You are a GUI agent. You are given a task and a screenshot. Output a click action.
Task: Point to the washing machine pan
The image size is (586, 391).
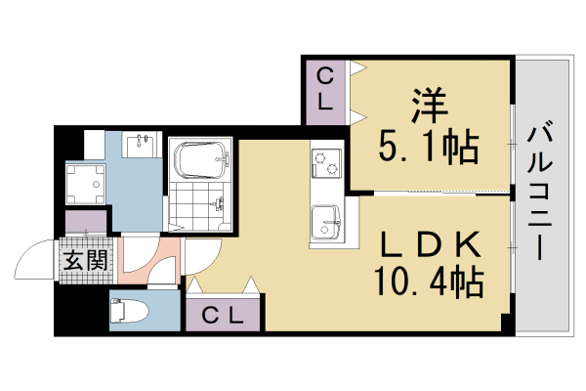[x=84, y=183]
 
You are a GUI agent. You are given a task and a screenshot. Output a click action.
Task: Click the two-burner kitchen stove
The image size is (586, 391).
[x=325, y=162]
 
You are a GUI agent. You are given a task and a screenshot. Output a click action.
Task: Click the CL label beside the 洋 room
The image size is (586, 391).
[x=324, y=89]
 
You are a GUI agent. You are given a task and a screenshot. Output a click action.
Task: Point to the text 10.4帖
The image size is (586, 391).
[x=428, y=283]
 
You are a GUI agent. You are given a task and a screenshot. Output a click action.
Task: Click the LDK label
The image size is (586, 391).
[x=428, y=242]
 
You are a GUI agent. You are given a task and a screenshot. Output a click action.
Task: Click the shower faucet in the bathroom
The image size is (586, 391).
[x=221, y=203]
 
